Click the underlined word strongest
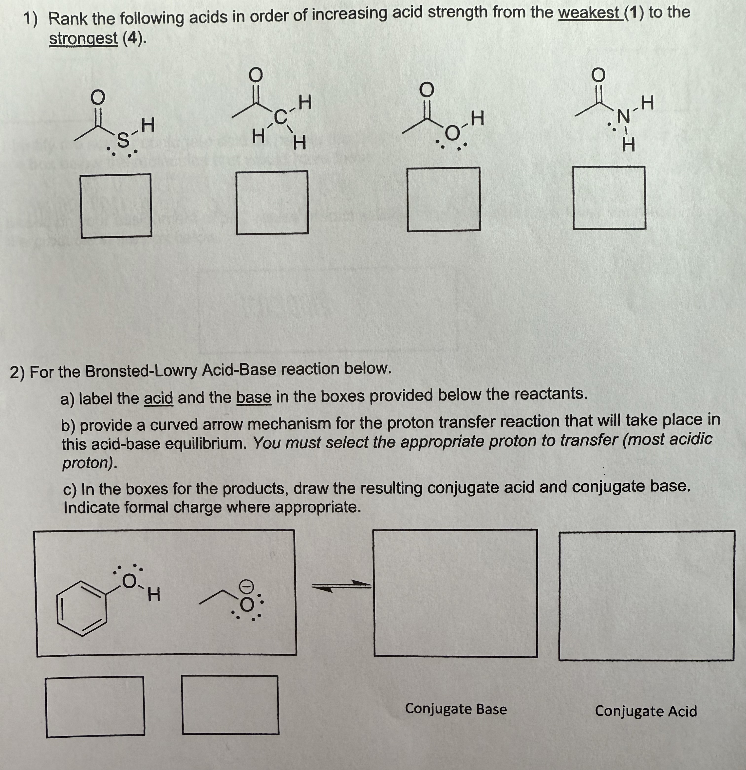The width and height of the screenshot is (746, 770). click(x=83, y=38)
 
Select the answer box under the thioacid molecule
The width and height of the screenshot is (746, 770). click(x=116, y=206)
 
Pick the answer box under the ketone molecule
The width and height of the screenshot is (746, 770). click(x=272, y=203)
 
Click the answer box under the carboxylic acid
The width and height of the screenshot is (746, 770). click(x=443, y=200)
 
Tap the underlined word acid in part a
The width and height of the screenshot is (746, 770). click(x=158, y=398)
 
